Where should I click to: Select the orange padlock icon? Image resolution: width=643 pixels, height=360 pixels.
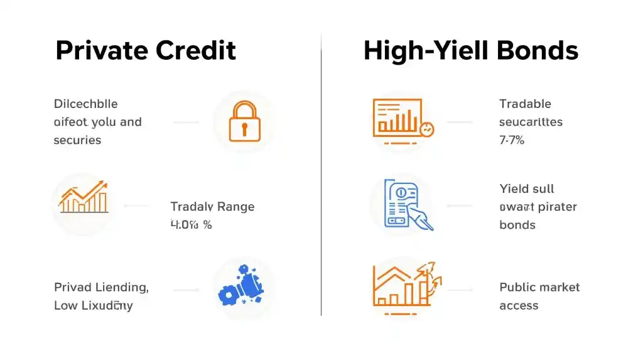(x=244, y=121)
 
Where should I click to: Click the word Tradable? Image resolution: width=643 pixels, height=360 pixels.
(x=525, y=104)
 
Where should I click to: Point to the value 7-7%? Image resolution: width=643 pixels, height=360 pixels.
(x=512, y=140)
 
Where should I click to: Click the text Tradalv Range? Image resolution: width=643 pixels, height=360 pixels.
(x=212, y=206)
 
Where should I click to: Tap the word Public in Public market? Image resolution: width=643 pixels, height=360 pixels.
(x=517, y=287)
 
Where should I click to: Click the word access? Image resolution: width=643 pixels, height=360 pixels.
(x=519, y=305)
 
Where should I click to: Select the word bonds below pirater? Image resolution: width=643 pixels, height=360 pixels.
(x=517, y=224)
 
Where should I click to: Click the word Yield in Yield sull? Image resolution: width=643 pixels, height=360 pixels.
(x=514, y=188)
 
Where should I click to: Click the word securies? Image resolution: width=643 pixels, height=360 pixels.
(x=77, y=140)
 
